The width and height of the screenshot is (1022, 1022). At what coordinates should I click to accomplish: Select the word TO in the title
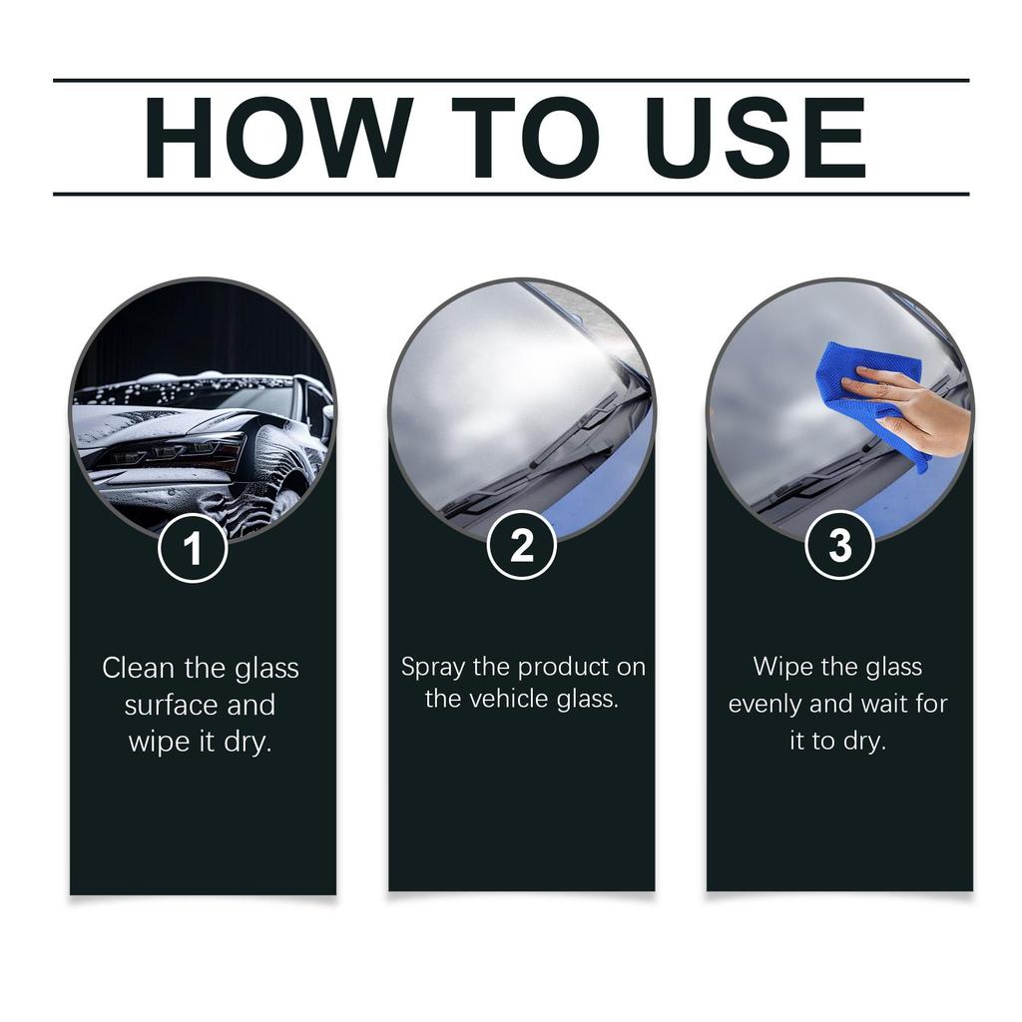coord(524,138)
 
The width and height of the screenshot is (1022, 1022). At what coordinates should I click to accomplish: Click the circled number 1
coord(193,548)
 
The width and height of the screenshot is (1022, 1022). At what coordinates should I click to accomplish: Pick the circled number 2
coord(521,546)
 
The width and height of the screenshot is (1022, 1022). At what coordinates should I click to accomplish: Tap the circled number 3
coord(839,545)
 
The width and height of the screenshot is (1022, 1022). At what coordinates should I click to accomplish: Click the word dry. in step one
coord(248,743)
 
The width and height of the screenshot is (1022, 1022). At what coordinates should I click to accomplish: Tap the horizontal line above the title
coord(511,80)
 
